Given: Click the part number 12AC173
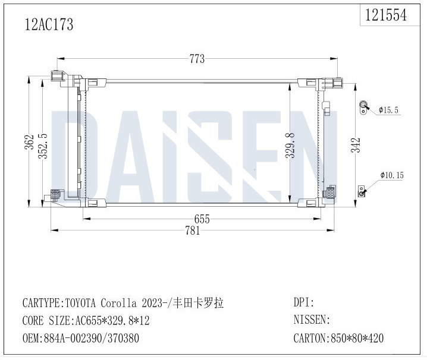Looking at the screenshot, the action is coord(49,24).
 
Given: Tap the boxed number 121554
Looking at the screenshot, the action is coord(385,15).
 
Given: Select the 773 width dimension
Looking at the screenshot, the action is coord(197,59).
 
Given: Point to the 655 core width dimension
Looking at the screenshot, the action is coord(202,219).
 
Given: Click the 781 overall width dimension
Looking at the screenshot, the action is coord(193,230).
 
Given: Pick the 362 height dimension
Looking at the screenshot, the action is coord(29,142).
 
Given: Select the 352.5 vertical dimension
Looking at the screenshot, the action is coord(43,146).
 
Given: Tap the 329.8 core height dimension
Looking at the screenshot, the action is coord(290,145).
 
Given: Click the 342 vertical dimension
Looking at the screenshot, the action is coord(356,145).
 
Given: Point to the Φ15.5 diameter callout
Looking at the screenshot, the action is coord(388,110).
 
